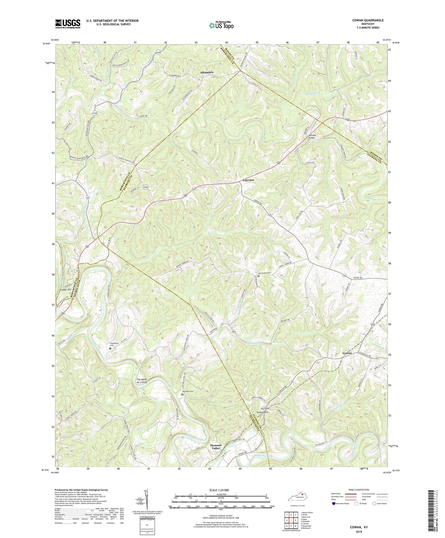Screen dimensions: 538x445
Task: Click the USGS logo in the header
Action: click(x=67, y=24)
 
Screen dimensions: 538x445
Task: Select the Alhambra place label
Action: click(x=207, y=72)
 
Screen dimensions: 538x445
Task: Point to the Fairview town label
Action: click(x=248, y=180)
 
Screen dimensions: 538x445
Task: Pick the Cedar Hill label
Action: click(x=66, y=290)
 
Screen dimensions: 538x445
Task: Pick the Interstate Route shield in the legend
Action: click(x=334, y=503)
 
